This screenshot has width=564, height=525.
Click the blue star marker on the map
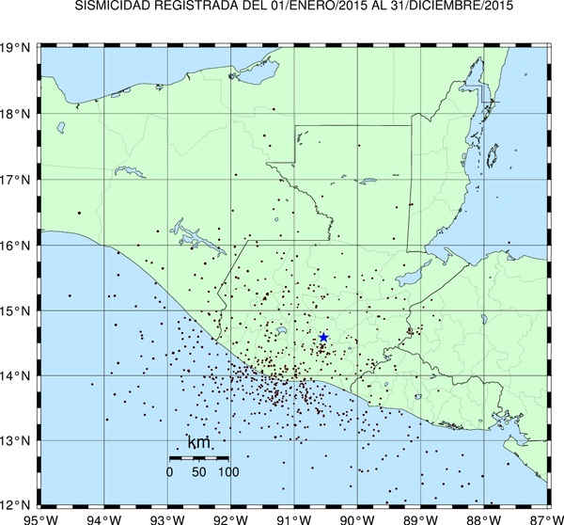323,337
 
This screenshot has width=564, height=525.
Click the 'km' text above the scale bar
198,443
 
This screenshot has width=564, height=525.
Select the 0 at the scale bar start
169,470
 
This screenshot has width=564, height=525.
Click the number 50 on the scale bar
197,470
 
